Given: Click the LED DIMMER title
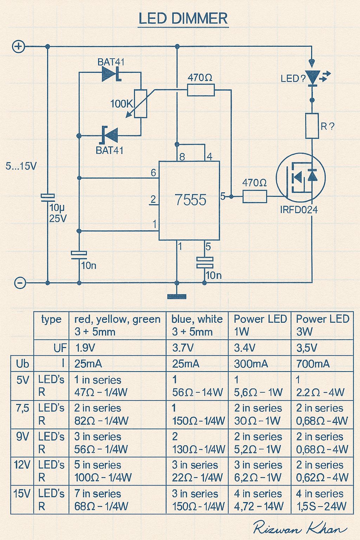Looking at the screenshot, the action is (x=183, y=19).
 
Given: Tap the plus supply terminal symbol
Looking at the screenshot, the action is (x=19, y=46).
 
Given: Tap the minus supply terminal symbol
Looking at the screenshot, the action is (x=20, y=283).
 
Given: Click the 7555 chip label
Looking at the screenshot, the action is (x=191, y=200).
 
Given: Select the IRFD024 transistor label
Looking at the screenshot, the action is (x=299, y=210).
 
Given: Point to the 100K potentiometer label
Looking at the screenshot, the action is (x=122, y=104).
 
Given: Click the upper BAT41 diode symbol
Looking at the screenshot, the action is (x=111, y=73).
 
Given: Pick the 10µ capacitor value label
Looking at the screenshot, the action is (x=57, y=207).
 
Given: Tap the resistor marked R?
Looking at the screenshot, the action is (x=312, y=126).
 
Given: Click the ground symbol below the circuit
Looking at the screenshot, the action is (x=177, y=296).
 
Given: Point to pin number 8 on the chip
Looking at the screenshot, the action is (x=182, y=157).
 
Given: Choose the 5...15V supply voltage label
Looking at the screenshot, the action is (x=21, y=166).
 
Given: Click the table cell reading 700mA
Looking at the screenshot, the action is (x=313, y=364).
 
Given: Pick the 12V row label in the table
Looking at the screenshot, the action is (x=22, y=465).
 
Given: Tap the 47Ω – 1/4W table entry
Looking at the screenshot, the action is (x=101, y=392).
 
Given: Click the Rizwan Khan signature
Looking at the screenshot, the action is (x=300, y=527).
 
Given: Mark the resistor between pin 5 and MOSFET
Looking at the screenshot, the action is (x=255, y=196).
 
